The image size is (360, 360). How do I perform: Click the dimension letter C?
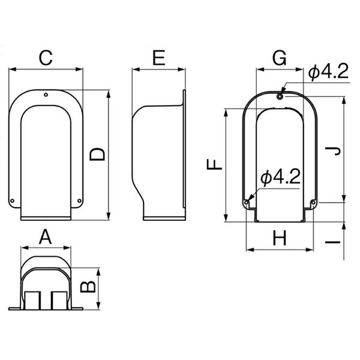pyautogui.click(x=46, y=58)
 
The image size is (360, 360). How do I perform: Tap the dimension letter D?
pyautogui.click(x=97, y=154)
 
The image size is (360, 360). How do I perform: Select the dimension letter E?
pyautogui.click(x=159, y=58)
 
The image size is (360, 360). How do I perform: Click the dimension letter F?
pyautogui.click(x=214, y=164)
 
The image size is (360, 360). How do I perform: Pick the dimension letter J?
pyautogui.click(x=332, y=151)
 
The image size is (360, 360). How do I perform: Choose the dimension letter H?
pyautogui.click(x=280, y=238)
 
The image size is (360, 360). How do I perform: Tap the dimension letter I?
pyautogui.click(x=332, y=242)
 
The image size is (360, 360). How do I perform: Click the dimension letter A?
pyautogui.click(x=46, y=237)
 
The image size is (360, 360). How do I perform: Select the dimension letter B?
pyautogui.click(x=88, y=287)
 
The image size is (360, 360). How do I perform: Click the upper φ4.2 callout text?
pyautogui.click(x=328, y=71)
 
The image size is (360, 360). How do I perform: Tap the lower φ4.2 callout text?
pyautogui.click(x=281, y=177)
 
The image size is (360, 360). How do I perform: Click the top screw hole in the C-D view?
pyautogui.click(x=46, y=95)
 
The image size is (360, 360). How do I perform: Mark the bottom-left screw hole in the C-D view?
pyautogui.click(x=13, y=201)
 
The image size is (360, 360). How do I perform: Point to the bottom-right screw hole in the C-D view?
pyautogui.click(x=79, y=201)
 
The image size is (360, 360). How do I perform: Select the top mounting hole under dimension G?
pyautogui.click(x=280, y=97)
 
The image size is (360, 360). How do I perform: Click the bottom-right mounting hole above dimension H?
pyautogui.click(x=313, y=203)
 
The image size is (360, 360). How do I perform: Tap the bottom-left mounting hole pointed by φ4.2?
pyautogui.click(x=247, y=203)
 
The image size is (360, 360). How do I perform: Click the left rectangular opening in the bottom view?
pyautogui.click(x=32, y=301)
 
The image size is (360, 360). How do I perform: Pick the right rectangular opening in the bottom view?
pyautogui.click(x=59, y=301)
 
